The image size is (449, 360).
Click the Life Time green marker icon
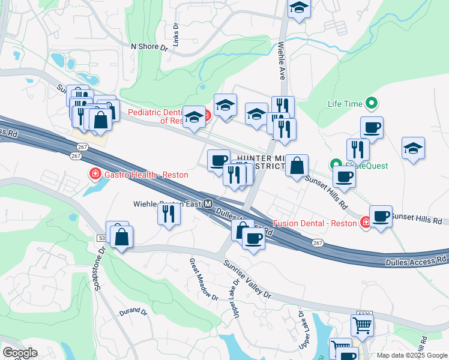click(x=372, y=104)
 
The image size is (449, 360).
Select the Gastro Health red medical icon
click(x=94, y=175)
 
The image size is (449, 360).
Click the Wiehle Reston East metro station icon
click(x=208, y=204)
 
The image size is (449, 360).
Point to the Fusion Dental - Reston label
click(x=316, y=223)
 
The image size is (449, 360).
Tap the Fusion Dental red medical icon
click(x=365, y=223)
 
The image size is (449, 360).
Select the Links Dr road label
click(x=176, y=35)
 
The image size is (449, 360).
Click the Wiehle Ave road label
click(x=282, y=60)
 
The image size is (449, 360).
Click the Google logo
click(x=20, y=353)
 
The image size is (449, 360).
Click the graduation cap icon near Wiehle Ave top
click(x=298, y=8)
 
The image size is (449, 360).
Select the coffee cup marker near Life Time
click(x=372, y=127)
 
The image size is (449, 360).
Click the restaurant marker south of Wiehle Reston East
click(x=169, y=213)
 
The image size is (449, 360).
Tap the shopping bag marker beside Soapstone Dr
click(x=121, y=236)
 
